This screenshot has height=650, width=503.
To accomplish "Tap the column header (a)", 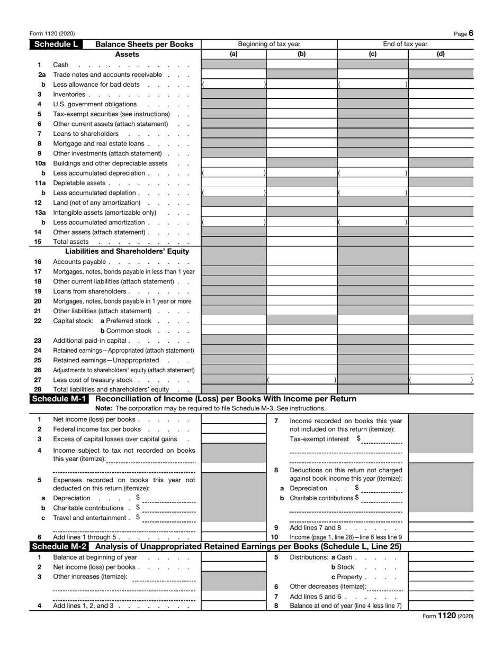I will pos(233,54).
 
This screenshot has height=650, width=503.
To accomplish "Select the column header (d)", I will pos(441,54).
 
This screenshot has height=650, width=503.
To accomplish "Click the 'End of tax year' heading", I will pos(405,44).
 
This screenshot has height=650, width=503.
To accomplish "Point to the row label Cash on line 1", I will pos(61,65).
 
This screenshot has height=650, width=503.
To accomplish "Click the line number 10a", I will pos(40,163).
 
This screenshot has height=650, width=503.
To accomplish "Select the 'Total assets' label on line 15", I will pos(71,242).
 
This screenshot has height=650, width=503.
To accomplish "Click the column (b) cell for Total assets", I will pos(301,242).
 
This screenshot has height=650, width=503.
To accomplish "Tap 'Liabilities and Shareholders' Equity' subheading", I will pos(127,251).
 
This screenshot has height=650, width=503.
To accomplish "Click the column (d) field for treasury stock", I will pos(441,380).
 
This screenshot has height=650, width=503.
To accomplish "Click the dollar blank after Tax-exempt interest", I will pos(382,440).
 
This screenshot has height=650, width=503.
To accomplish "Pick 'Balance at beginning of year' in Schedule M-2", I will pos(95,557).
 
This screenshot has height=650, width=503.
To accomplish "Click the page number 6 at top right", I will pos(471,33).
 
